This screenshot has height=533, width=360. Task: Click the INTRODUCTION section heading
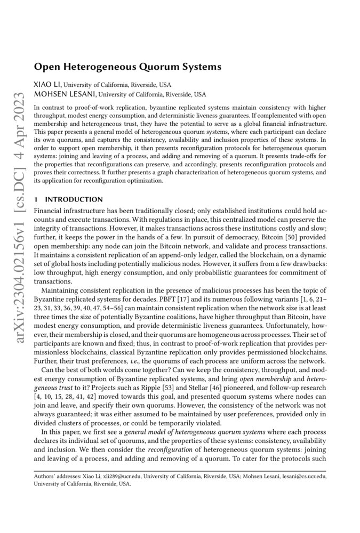73,199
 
